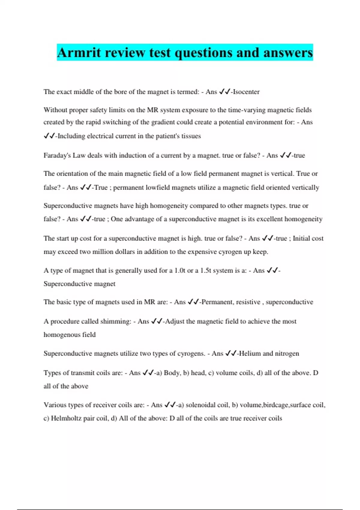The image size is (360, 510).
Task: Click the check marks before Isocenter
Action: [224, 92]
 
